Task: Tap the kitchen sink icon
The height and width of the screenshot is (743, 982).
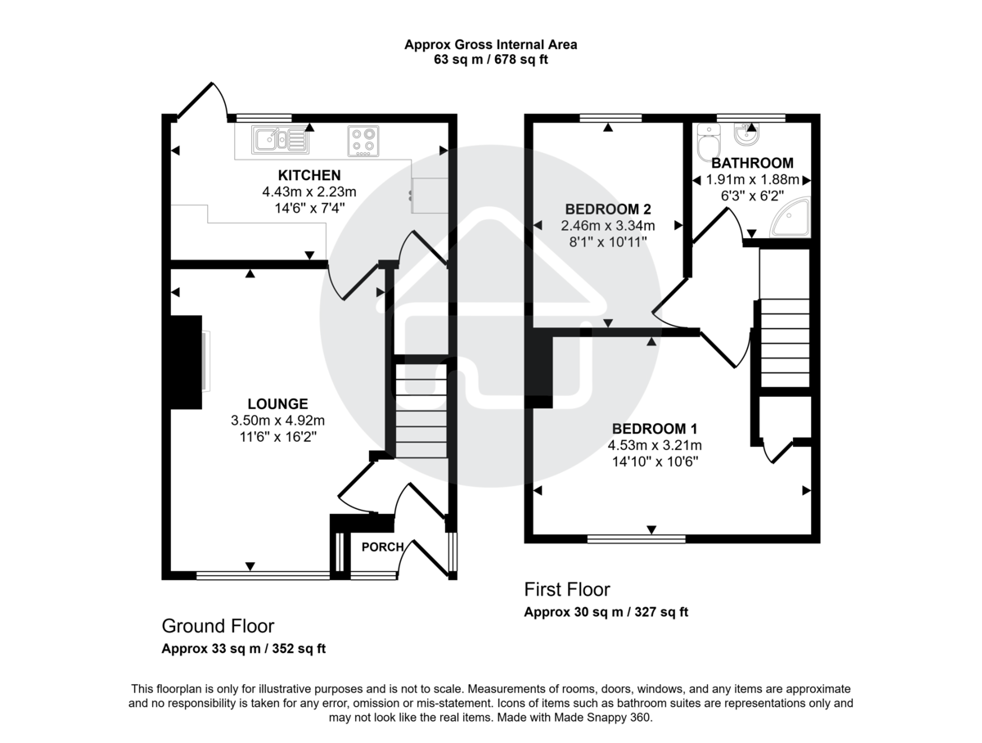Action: [x=280, y=140]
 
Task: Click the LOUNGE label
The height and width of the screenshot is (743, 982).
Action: [x=278, y=403]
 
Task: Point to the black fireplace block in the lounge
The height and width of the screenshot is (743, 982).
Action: [x=186, y=361]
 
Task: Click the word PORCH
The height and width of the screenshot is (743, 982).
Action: [x=382, y=547]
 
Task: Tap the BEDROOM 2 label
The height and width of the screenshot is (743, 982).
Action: [x=607, y=209]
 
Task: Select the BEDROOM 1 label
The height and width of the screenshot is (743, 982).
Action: [x=655, y=429]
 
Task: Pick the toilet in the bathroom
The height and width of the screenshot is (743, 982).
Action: [x=705, y=145]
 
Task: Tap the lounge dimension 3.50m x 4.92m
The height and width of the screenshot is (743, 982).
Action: [x=278, y=421]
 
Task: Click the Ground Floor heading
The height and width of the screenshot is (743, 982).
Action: [x=218, y=626]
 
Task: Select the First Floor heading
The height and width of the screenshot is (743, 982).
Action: [x=567, y=589]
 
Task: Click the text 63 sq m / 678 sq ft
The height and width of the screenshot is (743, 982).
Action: [x=490, y=60]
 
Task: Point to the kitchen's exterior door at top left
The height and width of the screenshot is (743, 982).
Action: [x=196, y=101]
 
